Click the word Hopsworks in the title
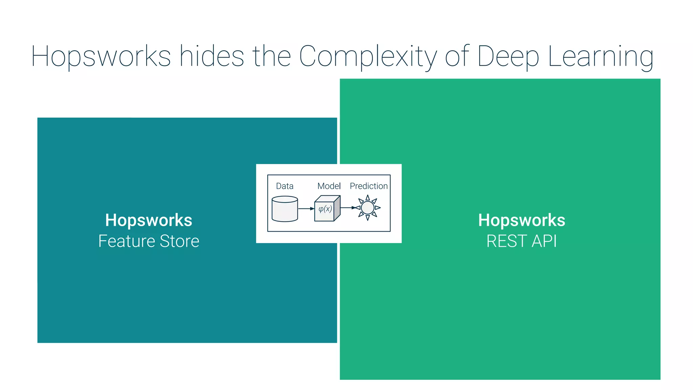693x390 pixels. tap(101, 57)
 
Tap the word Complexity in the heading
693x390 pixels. tap(368, 57)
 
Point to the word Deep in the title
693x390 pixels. tap(508, 57)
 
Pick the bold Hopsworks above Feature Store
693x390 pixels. tap(149, 220)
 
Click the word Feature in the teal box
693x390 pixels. tap(127, 241)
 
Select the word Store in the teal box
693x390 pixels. tap(179, 241)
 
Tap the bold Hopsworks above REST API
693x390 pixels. tap(521, 220)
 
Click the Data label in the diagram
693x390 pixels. tap(285, 186)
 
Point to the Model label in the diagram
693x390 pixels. tap(329, 186)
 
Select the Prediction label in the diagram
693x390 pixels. tap(368, 186)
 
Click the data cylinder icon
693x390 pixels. tap(285, 209)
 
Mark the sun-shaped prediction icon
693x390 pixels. tap(368, 208)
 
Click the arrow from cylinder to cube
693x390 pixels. tap(306, 209)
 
